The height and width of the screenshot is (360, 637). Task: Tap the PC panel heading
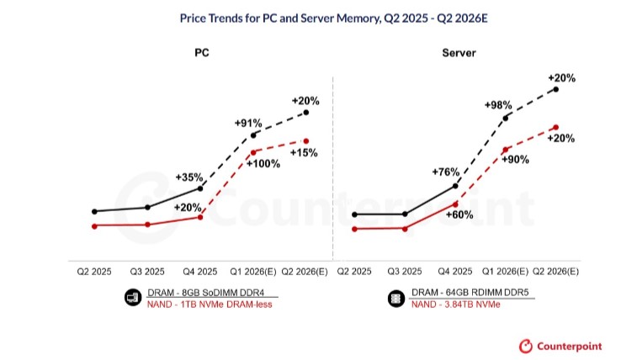pyautogui.click(x=201, y=53)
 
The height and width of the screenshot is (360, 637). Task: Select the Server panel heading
pyautogui.click(x=459, y=53)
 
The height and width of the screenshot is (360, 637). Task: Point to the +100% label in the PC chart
pyautogui.click(x=263, y=163)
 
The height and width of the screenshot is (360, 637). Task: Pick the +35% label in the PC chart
pyautogui.click(x=189, y=177)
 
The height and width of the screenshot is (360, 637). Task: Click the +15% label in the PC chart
pyautogui.click(x=304, y=153)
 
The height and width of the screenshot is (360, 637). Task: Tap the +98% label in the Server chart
pyautogui.click(x=498, y=105)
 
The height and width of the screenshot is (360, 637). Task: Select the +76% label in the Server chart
pyautogui.click(x=445, y=172)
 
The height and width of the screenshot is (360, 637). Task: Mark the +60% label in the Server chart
pyautogui.click(x=459, y=214)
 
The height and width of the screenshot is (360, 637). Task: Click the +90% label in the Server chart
pyautogui.click(x=515, y=159)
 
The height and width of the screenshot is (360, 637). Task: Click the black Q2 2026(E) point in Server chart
pyautogui.click(x=555, y=88)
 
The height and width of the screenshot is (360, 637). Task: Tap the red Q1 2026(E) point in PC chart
pyautogui.click(x=252, y=152)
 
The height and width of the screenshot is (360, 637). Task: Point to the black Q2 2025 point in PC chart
pyautogui.click(x=94, y=211)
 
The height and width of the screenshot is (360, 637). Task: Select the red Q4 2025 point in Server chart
pyautogui.click(x=455, y=204)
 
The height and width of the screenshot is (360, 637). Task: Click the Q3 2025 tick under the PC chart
pyautogui.click(x=146, y=272)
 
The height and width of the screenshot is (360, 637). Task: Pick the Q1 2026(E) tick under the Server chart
pyautogui.click(x=505, y=272)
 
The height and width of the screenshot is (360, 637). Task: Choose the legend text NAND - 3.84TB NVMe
pyautogui.click(x=455, y=304)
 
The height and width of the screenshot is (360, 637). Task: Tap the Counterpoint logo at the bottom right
pyautogui.click(x=560, y=346)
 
